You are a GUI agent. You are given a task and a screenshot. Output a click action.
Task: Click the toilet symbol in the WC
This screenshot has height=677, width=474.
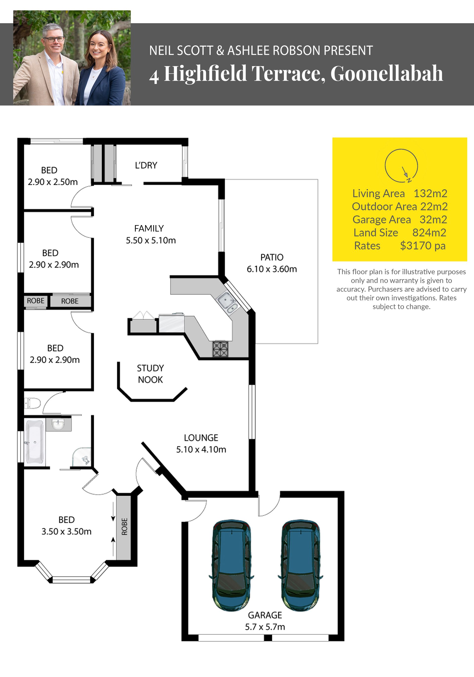point(32,403)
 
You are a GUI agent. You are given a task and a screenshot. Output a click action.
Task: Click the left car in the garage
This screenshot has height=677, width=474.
point(232,565)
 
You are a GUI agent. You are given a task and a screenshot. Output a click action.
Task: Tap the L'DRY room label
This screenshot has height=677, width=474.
point(146,165)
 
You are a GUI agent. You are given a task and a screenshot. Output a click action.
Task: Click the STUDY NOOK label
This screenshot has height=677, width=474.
point(150,374)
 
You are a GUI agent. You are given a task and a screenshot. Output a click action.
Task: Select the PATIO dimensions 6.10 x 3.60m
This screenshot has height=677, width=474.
point(272,269)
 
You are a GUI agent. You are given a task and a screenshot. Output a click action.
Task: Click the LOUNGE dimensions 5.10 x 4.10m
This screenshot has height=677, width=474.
point(201,449)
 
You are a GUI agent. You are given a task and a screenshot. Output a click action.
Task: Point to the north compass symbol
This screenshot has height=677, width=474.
point(401,166)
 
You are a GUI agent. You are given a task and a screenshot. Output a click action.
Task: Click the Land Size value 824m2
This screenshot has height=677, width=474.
point(429,233)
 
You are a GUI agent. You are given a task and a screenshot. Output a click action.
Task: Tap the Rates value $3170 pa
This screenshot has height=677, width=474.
point(423,246)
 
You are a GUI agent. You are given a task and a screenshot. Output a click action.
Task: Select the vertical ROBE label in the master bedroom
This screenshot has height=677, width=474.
point(124,526)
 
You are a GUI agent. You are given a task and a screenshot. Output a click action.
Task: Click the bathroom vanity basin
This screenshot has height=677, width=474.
point(58,424)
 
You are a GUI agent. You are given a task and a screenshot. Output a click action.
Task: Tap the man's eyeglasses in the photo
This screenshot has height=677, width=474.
point(53,39)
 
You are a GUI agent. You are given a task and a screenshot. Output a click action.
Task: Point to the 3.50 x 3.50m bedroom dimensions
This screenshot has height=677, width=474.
point(66,531)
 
